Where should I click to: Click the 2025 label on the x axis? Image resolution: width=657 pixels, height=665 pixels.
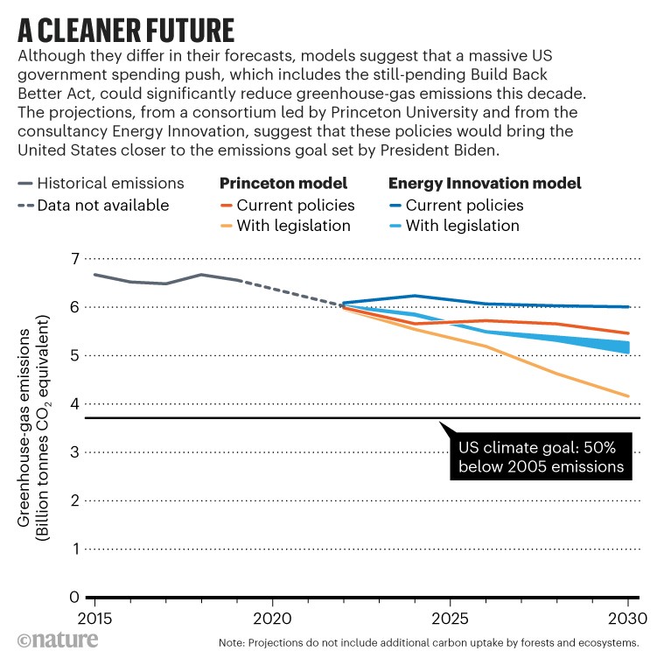[x=450, y=617]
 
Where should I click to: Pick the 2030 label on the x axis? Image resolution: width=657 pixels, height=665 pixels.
[x=627, y=617]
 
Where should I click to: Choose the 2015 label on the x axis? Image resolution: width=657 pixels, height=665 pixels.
[x=94, y=617]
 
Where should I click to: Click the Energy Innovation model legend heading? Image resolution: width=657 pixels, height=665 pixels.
[x=485, y=184]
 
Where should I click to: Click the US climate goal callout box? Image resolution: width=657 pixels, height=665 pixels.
[x=538, y=457]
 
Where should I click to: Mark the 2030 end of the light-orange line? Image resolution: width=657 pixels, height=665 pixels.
[x=627, y=396]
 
